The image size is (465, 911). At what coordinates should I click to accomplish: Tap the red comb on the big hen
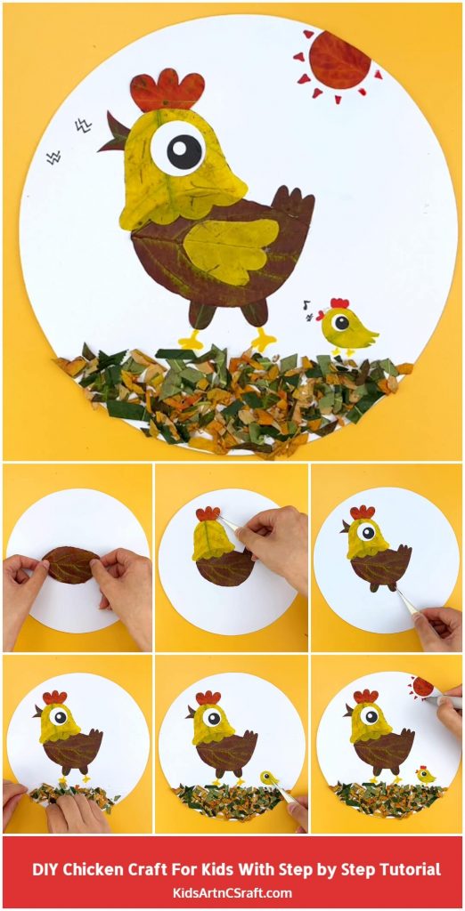pyautogui.click(x=167, y=90)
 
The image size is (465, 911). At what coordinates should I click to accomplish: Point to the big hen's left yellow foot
pyautogui.click(x=192, y=341)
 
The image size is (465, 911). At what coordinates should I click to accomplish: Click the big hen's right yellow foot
pyautogui.click(x=263, y=339)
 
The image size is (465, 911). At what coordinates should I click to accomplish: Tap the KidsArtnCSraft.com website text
pyautogui.click(x=232, y=892)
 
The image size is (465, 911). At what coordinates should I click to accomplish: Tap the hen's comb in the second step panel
pyautogui.click(x=208, y=513)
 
